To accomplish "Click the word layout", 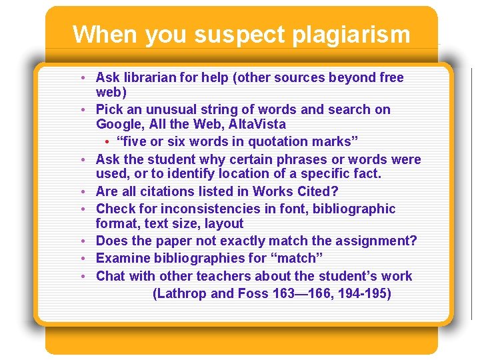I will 224,224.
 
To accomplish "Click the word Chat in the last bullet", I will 111,276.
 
